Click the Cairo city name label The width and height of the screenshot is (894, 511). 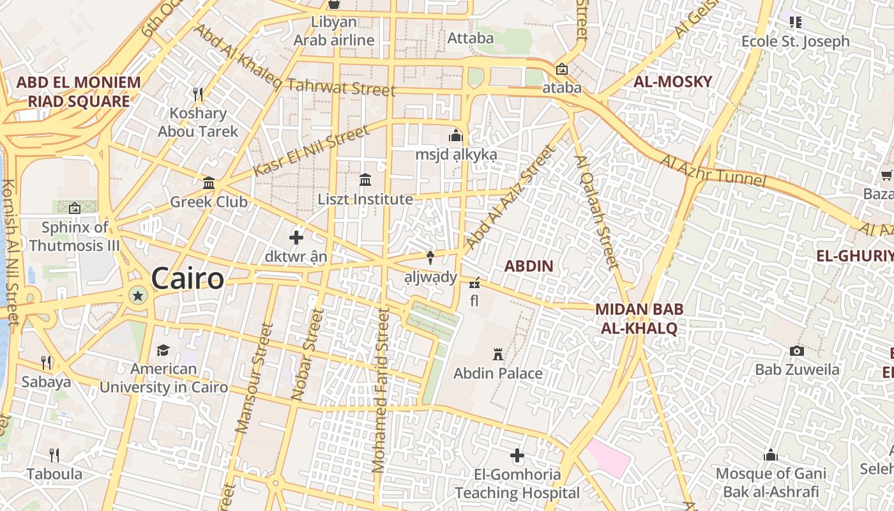pyautogui.click(x=187, y=279)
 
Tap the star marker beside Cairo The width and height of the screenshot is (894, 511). pyautogui.click(x=137, y=294)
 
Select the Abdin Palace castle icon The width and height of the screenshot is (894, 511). pyautogui.click(x=497, y=354)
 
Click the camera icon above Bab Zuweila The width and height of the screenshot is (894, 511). pyautogui.click(x=796, y=351)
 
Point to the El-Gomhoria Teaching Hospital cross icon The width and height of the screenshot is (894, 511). pyautogui.click(x=517, y=455)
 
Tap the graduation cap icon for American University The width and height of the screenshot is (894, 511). pyautogui.click(x=163, y=350)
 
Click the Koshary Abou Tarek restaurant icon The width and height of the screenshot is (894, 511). pyautogui.click(x=198, y=95)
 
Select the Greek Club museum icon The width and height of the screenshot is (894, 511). pyautogui.click(x=208, y=183)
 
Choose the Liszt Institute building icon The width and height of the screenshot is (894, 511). pyautogui.click(x=365, y=180)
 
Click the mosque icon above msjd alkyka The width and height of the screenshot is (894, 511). pyautogui.click(x=455, y=135)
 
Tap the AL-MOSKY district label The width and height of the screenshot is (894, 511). pyautogui.click(x=672, y=82)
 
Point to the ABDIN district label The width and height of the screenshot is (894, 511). pyautogui.click(x=529, y=266)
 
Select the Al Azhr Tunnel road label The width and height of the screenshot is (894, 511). pyautogui.click(x=713, y=171)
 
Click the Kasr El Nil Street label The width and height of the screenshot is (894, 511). pyautogui.click(x=311, y=151)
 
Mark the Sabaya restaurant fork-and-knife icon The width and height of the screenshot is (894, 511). pyautogui.click(x=46, y=363)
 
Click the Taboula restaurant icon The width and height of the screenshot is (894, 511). pyautogui.click(x=54, y=455)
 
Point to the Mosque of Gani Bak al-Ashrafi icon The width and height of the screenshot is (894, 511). pyautogui.click(x=771, y=455)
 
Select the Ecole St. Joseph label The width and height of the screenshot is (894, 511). pyautogui.click(x=795, y=42)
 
